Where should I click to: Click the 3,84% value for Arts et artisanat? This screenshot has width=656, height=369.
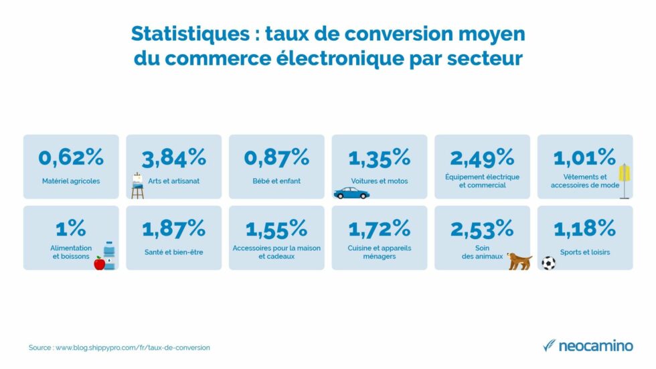pos(173,157)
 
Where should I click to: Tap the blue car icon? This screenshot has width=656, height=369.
pos(351,193)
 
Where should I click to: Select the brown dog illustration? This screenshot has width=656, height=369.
pos(519,261)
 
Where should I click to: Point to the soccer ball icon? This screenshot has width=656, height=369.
pos(548,263)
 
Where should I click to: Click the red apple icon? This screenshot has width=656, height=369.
pos(99,263)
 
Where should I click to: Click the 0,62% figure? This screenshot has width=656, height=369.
pos(71,157)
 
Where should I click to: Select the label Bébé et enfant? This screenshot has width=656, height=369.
pos(276,181)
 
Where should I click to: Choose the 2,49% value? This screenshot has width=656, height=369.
pos(482,157)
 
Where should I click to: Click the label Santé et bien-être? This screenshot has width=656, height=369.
pos(173,252)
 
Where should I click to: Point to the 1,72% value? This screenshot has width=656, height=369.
pos(379,228)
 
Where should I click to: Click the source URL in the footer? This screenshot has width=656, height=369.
pos(133,348)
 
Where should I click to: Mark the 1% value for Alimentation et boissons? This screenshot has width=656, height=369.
pos(71,228)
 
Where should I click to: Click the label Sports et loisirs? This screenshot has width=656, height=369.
pos(585,252)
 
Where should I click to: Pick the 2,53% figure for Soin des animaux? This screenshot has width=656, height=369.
pos(482,228)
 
